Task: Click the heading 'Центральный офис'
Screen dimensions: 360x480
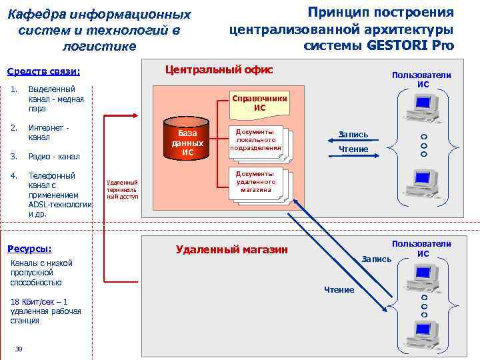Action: pos(219,69)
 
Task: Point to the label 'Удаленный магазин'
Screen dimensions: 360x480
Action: pos(231,249)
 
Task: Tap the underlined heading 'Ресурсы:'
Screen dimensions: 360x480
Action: pos(29,249)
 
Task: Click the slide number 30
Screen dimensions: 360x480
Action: pos(19,349)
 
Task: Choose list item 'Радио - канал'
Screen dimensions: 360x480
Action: pos(54,157)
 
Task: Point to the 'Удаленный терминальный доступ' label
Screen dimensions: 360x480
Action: pos(122,189)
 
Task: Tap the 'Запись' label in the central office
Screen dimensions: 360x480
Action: pos(353,135)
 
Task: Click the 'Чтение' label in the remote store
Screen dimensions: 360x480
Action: pos(339,289)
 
